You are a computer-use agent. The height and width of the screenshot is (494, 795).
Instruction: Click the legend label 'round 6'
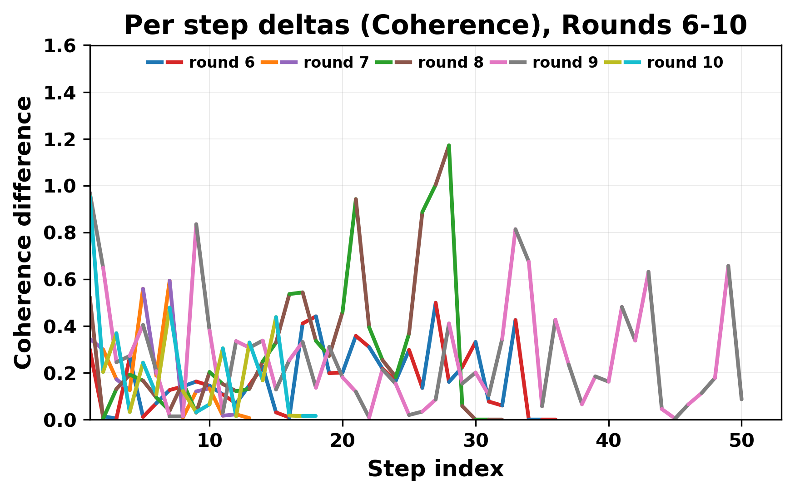(x=222, y=63)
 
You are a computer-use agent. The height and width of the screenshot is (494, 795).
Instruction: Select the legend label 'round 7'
(x=336, y=63)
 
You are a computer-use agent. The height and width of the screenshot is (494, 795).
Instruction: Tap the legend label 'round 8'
(x=451, y=63)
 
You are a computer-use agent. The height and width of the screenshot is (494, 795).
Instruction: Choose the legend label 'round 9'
(x=565, y=63)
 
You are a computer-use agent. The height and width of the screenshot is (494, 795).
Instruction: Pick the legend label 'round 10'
(x=685, y=63)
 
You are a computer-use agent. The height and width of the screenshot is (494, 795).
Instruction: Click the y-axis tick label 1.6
(x=63, y=46)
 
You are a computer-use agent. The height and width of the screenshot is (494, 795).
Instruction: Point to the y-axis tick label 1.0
(x=63, y=186)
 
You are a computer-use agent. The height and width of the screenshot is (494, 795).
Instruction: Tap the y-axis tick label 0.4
(x=63, y=326)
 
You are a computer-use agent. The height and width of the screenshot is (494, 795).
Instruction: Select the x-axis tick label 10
(x=209, y=441)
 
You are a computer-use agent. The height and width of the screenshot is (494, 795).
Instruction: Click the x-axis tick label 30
(x=476, y=441)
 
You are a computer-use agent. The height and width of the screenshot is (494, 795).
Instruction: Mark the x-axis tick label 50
(x=741, y=441)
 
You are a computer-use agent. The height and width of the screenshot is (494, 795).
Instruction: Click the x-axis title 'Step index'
(x=435, y=469)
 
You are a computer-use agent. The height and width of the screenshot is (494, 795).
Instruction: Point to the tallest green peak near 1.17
(x=449, y=145)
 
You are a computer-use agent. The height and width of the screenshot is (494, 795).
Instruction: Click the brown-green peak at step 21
(x=356, y=199)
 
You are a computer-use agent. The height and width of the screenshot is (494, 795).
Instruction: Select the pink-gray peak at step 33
(x=515, y=229)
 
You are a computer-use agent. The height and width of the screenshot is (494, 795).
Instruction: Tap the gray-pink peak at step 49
(x=728, y=266)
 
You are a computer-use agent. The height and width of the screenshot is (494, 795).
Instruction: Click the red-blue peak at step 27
(x=435, y=302)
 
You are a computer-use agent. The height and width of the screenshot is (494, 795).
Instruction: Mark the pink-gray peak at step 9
(x=196, y=224)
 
